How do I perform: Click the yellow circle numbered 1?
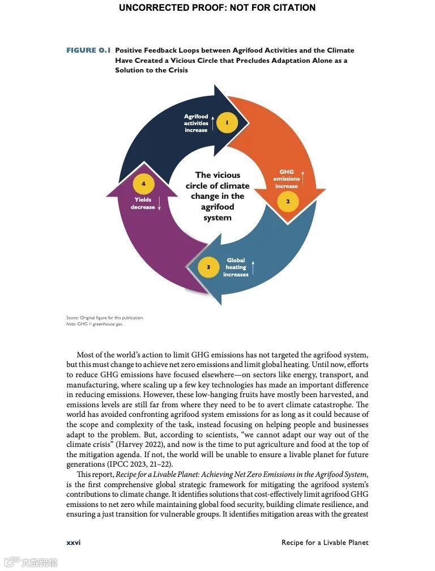click(x=227, y=122)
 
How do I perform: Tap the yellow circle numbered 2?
click(x=288, y=201)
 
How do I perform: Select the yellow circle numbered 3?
click(x=208, y=267)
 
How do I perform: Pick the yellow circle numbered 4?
click(x=143, y=184)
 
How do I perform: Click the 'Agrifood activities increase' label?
click(x=196, y=123)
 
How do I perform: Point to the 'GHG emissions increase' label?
click(x=287, y=179)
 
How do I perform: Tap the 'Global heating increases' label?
click(x=236, y=267)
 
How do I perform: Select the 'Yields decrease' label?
click(x=143, y=203)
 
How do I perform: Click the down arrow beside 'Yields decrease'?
click(x=160, y=203)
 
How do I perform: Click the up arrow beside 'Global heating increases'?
click(x=253, y=267)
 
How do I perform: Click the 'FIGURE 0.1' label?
click(x=88, y=50)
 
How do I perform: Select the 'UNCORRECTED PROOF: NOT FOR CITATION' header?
click(x=217, y=8)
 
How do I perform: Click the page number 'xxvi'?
click(x=74, y=542)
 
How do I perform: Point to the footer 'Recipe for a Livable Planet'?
click(x=325, y=542)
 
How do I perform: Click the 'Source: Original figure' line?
click(x=105, y=318)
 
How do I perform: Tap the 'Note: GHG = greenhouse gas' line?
click(x=95, y=324)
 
